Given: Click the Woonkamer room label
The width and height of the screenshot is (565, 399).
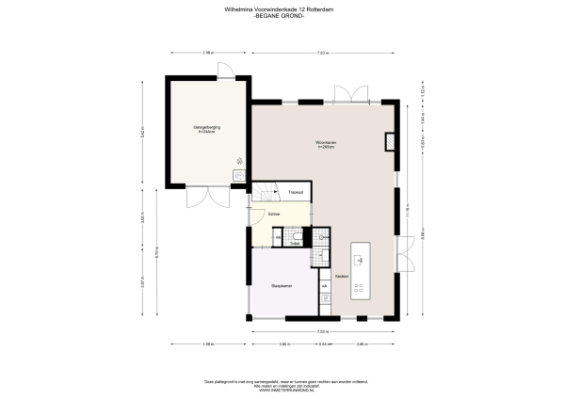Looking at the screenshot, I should [x=327, y=144].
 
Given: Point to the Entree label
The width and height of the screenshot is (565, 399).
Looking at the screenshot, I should [x=275, y=215].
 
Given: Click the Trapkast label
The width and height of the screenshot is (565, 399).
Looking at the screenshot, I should [x=295, y=193].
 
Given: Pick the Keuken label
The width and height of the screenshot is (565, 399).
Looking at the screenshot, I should [x=342, y=277].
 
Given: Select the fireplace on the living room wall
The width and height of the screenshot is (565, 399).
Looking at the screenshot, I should [x=390, y=141].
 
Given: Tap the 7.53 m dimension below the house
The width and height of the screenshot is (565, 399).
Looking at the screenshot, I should [x=322, y=331].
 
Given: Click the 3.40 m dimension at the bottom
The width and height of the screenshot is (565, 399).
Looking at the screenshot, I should [x=362, y=344].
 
